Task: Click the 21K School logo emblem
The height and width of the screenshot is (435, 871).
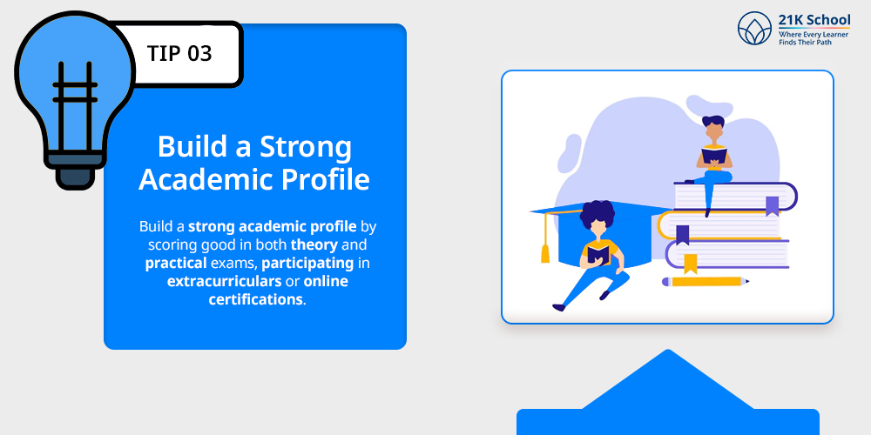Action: click(x=754, y=29)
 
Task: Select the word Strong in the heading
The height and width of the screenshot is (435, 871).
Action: click(x=300, y=146)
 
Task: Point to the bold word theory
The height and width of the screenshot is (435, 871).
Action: click(x=314, y=244)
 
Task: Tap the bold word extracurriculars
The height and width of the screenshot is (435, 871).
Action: click(x=225, y=281)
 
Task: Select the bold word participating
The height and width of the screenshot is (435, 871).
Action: click(x=307, y=262)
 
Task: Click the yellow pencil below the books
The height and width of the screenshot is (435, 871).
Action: click(x=706, y=281)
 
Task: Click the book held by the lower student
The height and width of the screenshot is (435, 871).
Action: click(x=598, y=253)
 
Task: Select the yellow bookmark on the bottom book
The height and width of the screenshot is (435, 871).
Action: click(x=691, y=263)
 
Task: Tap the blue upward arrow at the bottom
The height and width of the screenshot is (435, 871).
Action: click(x=668, y=391)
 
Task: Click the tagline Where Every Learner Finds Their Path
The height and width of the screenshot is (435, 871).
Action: click(x=815, y=37)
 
